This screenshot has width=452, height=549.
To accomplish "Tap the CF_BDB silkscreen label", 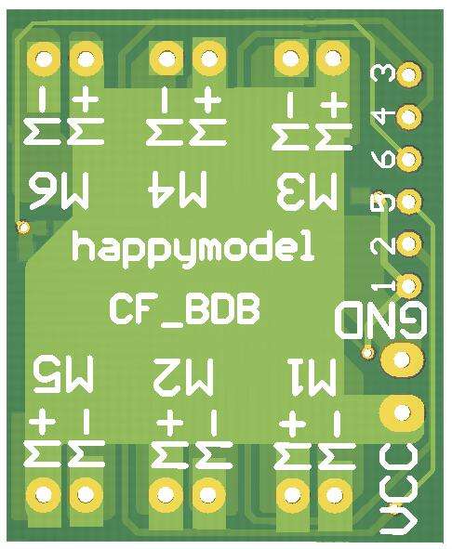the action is [185, 310].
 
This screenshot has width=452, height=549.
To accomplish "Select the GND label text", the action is [380, 321].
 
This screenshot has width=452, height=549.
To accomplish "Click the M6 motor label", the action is [59, 191].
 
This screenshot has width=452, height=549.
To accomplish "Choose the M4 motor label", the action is [178, 190].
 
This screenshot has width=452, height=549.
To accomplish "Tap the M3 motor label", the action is [307, 190].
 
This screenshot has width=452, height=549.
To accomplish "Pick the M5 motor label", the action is [63, 374].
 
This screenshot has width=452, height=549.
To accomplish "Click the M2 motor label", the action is [184, 376].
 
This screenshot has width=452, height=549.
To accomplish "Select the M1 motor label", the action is [312, 377].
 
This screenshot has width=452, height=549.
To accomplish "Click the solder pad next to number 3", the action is [408, 74].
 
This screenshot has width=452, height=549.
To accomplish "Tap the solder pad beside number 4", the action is [408, 117].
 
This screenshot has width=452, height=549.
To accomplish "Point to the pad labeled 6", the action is [408, 159].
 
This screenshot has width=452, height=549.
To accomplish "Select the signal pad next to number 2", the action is [408, 243].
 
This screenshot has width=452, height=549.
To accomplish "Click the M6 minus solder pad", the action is [44, 59].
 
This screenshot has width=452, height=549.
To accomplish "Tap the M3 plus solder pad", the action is [332, 59].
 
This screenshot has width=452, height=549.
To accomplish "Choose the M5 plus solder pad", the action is [44, 494].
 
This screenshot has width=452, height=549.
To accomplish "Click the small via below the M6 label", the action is [23, 228].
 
